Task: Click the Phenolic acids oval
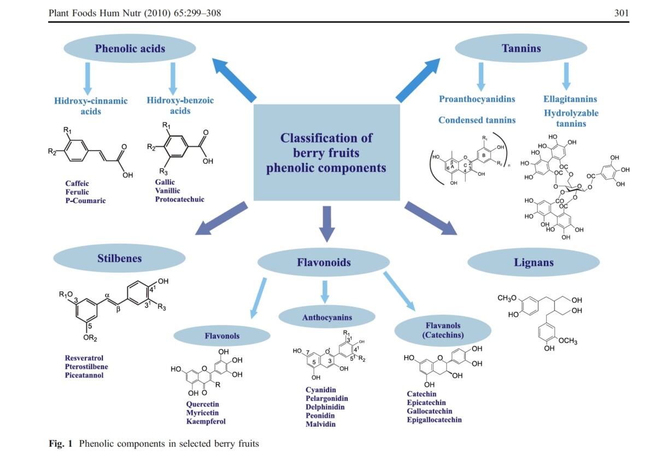coord(130,48)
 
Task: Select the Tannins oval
coord(521,48)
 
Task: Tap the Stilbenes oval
coord(119,258)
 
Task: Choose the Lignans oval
coord(534,262)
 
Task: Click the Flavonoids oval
coord(324,262)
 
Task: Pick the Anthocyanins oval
coord(327,317)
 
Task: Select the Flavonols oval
coord(222,336)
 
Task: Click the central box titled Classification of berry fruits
coord(326,152)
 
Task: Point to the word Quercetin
coord(202,404)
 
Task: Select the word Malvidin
coord(320,424)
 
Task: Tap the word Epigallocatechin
coord(434,420)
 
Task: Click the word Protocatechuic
coord(179,199)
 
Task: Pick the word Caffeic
coord(77,183)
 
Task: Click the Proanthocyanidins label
coord(477,99)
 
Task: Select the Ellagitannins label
coord(570,99)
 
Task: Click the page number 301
coord(622,13)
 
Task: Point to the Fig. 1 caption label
coord(61,443)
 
